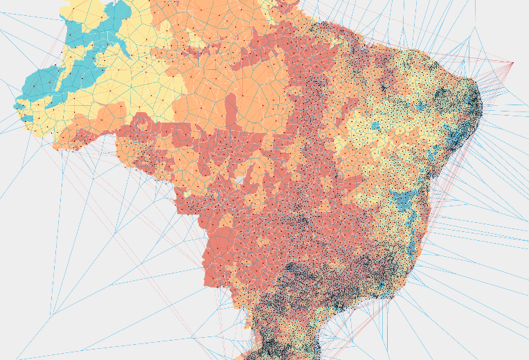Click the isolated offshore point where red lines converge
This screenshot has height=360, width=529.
coord(512,64)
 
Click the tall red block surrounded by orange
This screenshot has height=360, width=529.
coord(231,111)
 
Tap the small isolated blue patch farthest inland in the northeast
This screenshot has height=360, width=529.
coord(375,126)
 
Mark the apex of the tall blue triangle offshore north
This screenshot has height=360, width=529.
coord(475,29)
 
